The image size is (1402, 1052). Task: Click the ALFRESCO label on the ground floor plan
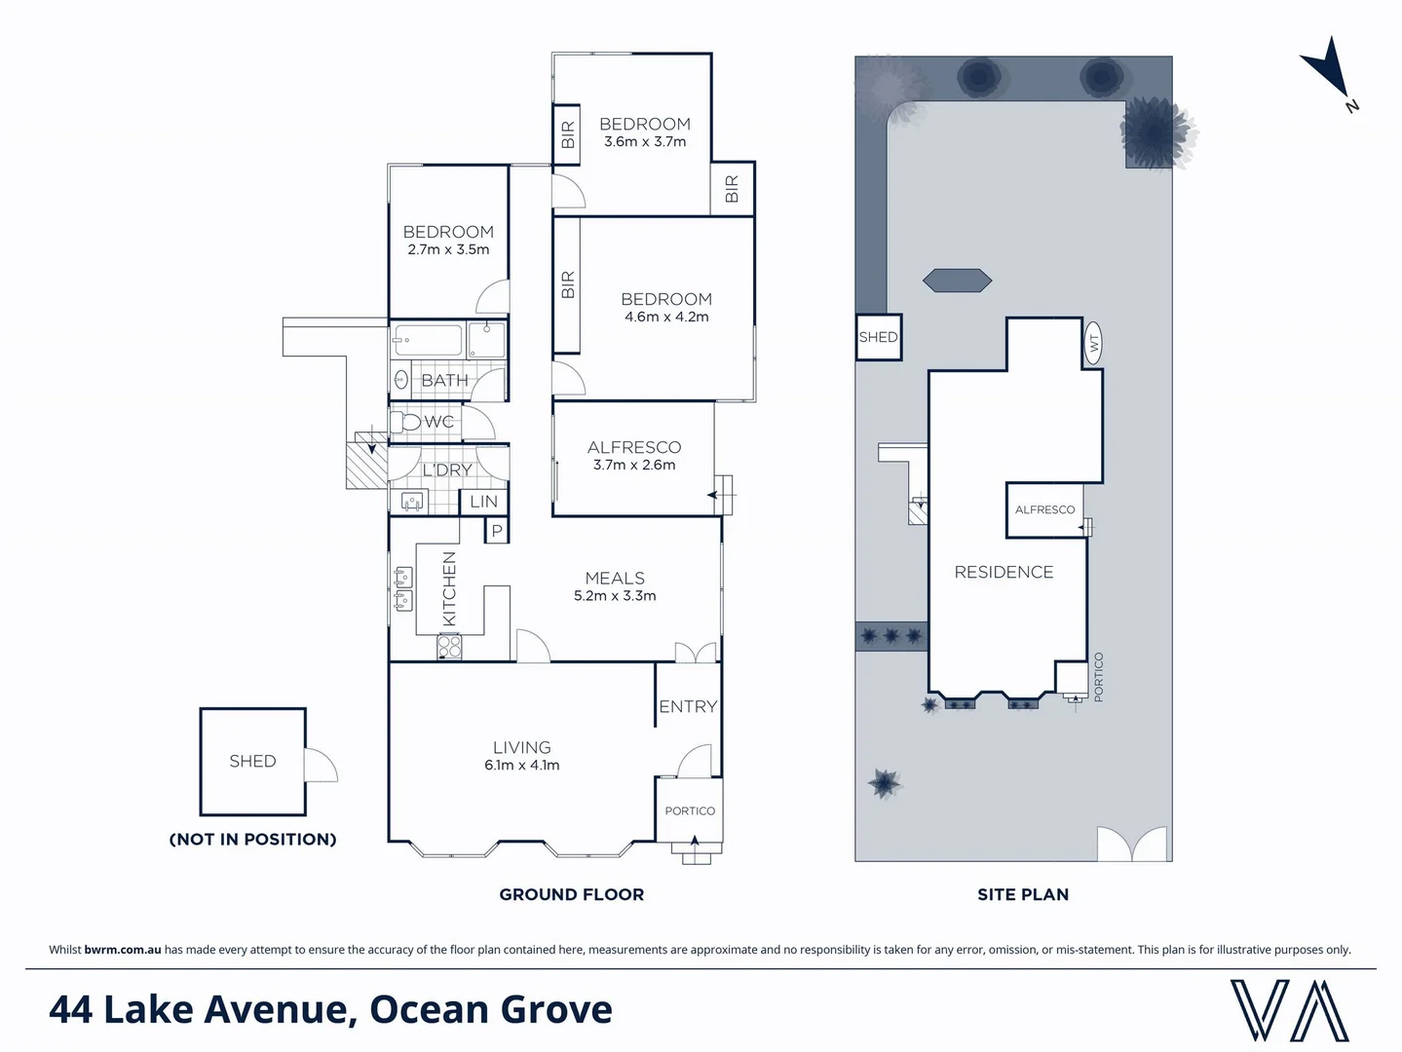(633, 447)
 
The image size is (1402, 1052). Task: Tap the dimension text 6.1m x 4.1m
(521, 766)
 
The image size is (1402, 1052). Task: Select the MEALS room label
(615, 578)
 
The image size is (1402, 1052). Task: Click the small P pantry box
(497, 531)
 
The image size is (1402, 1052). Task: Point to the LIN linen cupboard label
(483, 502)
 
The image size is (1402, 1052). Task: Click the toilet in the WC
(404, 422)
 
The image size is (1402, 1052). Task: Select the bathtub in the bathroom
(427, 342)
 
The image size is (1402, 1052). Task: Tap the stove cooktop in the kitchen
(448, 646)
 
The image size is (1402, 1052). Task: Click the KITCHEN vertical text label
(449, 588)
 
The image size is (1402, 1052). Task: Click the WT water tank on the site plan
(1093, 343)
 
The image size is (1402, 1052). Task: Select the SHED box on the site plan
(878, 337)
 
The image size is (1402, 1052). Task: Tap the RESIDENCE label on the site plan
(1004, 572)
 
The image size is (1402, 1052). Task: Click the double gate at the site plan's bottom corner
(1131, 844)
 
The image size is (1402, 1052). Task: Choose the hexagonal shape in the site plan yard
(957, 281)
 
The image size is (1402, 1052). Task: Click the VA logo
(1289, 1010)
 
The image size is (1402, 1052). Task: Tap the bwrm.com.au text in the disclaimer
(123, 950)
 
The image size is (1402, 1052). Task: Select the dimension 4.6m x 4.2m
(666, 318)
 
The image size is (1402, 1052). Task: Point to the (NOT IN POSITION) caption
(252, 839)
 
